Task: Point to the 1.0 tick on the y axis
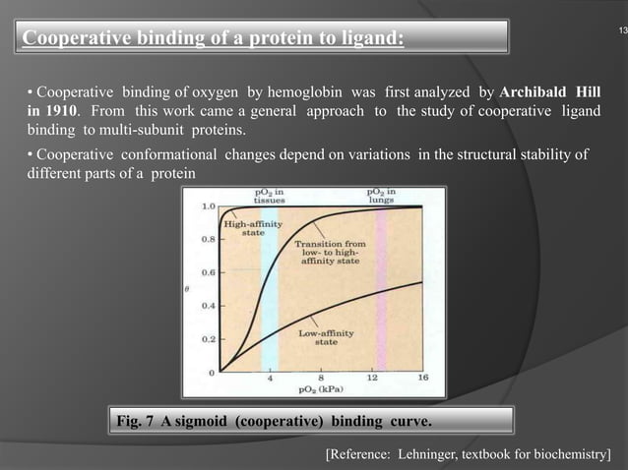pyautogui.click(x=210, y=206)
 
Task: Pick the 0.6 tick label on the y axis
pyautogui.click(x=210, y=272)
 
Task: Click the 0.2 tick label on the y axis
pyautogui.click(x=210, y=338)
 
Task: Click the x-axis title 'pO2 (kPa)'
pyautogui.click(x=321, y=389)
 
